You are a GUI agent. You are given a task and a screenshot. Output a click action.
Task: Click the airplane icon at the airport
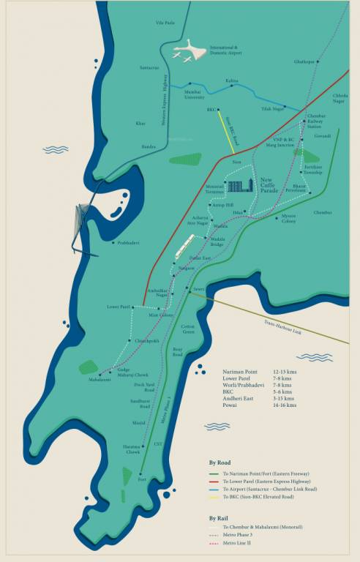(187, 51)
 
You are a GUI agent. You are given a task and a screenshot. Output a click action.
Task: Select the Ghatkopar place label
(305, 62)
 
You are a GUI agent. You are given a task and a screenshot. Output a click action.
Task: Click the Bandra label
(149, 147)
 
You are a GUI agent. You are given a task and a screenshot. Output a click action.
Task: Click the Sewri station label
(198, 289)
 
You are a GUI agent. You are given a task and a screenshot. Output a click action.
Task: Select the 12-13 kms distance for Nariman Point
(285, 372)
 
